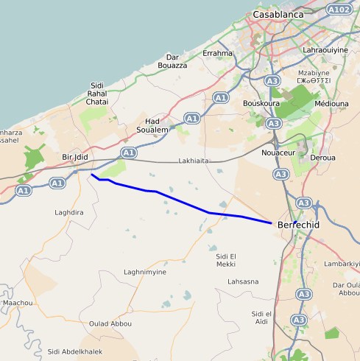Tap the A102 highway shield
338,9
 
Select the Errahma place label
217,53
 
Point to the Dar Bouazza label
173,61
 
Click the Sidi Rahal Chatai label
97,94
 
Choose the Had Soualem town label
152,125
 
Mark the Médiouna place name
331,103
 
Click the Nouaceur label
278,153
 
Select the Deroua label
322,158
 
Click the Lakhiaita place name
194,161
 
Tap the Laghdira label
70,212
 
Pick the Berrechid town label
300,225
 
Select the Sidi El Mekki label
226,259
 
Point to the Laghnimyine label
145,272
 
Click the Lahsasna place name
244,281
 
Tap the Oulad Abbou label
110,323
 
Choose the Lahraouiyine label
324,49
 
